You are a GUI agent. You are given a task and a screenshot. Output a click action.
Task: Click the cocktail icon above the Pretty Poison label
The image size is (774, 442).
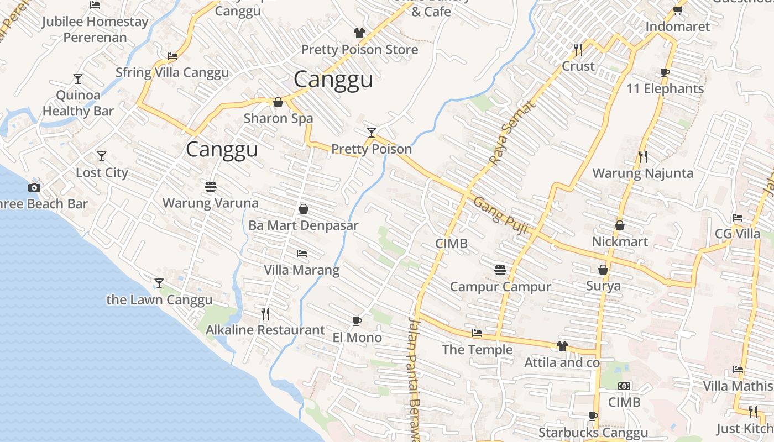(372, 133)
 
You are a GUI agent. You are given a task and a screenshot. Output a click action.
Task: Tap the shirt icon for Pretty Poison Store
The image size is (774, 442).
(359, 33)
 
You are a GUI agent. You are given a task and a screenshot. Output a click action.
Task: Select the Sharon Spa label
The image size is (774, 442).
(278, 118)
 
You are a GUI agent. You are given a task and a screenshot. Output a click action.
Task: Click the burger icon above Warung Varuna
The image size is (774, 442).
(210, 187)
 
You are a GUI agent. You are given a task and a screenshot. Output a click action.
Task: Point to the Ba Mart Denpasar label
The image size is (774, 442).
(303, 225)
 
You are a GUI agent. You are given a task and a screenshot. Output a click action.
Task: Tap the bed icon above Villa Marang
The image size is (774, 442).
(302, 254)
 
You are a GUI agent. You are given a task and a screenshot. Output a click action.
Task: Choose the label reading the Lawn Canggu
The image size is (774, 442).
(159, 300)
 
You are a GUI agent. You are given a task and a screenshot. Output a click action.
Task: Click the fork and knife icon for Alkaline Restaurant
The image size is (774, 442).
(265, 314)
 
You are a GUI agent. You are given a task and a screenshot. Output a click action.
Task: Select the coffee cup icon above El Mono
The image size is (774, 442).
(357, 321)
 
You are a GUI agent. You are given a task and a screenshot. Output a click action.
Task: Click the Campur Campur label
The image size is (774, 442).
(500, 287)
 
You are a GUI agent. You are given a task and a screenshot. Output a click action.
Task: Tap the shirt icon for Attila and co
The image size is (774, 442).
(562, 346)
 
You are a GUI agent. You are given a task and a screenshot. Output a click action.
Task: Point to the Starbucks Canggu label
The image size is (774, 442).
(593, 433)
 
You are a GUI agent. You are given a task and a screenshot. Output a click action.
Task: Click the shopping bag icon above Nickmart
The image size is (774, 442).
(620, 225)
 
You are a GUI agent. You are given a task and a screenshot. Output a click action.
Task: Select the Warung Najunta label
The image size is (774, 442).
(642, 173)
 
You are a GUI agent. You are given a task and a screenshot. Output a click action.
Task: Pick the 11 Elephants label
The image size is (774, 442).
(665, 89)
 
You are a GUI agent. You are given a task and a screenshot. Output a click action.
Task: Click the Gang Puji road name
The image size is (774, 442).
(500, 215)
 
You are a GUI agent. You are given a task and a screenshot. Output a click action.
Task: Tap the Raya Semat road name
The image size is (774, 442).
(512, 133)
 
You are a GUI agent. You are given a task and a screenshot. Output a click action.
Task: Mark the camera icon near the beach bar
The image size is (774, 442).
(34, 187)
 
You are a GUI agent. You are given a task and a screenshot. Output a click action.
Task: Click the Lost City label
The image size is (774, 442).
(102, 173)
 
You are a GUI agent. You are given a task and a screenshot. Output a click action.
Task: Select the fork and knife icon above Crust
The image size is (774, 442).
(578, 50)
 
